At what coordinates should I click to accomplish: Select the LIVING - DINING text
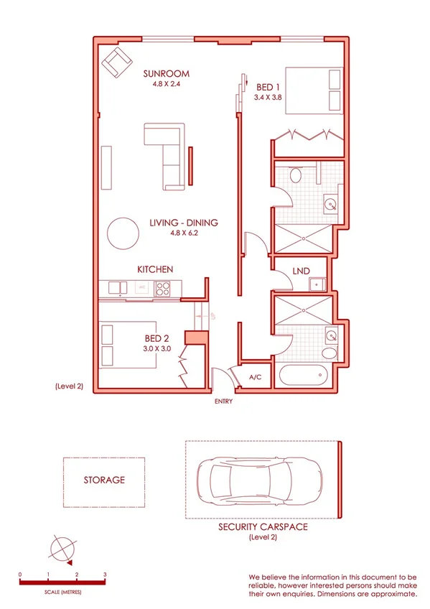tap(183, 223)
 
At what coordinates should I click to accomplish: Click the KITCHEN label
tap(155, 269)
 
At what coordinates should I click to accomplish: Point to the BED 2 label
tap(157, 338)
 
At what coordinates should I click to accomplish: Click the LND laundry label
tap(302, 271)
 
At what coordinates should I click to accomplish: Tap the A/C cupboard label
tap(255, 376)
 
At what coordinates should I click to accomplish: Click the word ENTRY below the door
tap(223, 401)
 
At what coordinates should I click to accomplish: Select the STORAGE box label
tap(104, 480)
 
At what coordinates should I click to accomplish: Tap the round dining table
tap(123, 233)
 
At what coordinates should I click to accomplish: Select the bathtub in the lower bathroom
tap(302, 376)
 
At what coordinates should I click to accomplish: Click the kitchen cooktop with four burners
tap(162, 288)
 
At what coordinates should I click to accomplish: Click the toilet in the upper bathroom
tap(296, 175)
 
